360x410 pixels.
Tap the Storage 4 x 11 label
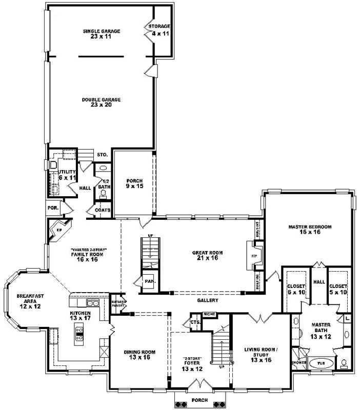click(159, 29)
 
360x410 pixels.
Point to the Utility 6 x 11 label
click(67, 174)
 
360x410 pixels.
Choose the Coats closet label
click(103, 210)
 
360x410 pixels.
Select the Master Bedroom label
click(310, 229)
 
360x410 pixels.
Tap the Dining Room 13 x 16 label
click(139, 355)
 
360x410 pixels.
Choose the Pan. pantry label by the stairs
click(150, 281)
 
